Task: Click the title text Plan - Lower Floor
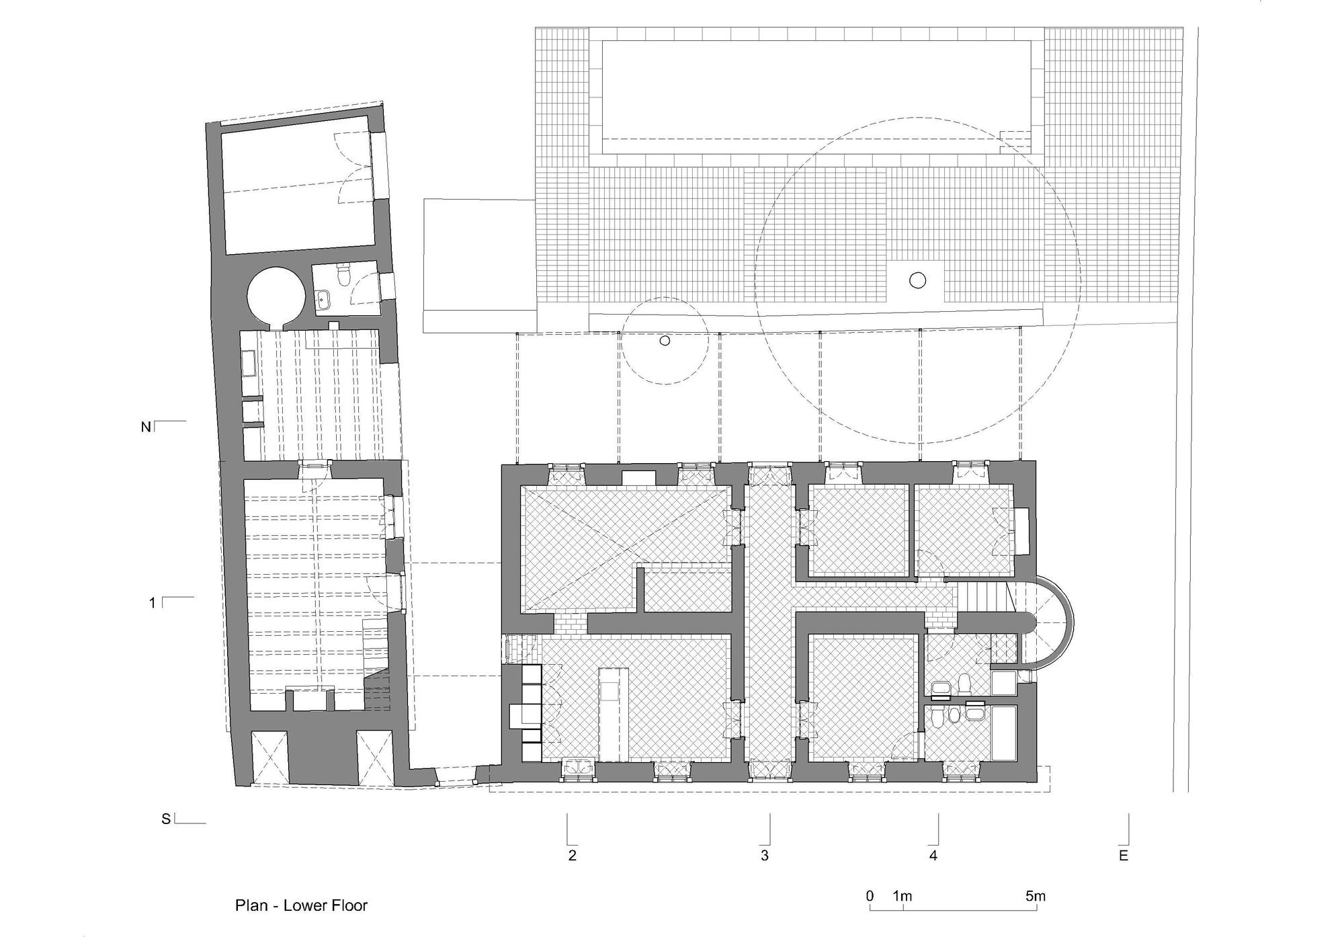tap(301, 905)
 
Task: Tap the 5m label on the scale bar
tap(1036, 896)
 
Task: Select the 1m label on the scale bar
tap(902, 896)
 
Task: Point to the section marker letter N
tap(145, 427)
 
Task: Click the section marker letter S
tap(165, 819)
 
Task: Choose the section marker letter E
tap(1123, 856)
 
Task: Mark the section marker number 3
tap(765, 856)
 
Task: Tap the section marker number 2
tap(572, 856)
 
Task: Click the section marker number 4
tap(933, 856)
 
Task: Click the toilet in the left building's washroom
tap(345, 276)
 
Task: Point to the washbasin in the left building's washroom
tap(323, 299)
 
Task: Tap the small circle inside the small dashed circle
tap(665, 341)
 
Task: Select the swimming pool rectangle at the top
tap(816, 91)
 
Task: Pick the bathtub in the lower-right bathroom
tap(1005, 733)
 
